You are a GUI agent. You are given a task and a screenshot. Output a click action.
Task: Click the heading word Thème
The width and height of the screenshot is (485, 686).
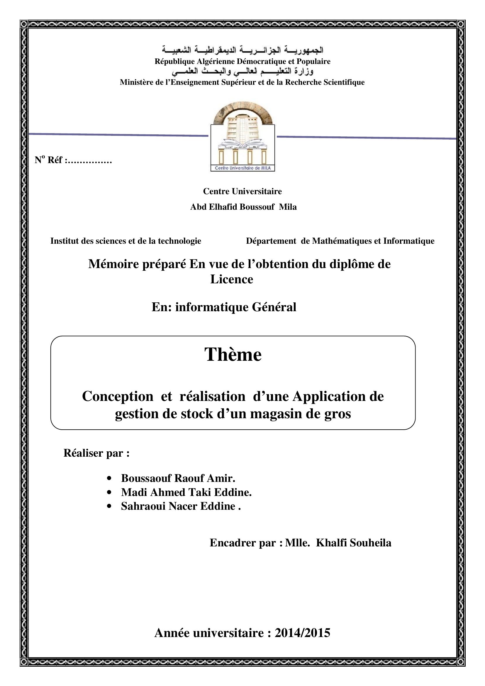click(233, 355)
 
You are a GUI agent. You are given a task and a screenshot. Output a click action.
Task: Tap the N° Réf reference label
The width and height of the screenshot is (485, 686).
click(73, 160)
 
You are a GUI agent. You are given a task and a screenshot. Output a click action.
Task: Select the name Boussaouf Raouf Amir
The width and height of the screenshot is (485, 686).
click(178, 478)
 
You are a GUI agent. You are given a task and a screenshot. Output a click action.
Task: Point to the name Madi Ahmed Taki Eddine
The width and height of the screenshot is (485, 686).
click(186, 492)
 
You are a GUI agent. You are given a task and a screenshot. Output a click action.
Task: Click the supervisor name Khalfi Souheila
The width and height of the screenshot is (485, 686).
click(354, 543)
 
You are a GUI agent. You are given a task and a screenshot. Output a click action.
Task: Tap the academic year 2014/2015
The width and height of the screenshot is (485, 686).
click(302, 633)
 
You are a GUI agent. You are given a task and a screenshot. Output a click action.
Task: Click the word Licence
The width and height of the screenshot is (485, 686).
click(232, 280)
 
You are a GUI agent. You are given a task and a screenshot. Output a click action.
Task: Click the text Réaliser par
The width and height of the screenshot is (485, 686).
click(96, 453)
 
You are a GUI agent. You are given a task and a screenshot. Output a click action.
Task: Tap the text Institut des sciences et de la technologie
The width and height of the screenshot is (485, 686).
click(126, 241)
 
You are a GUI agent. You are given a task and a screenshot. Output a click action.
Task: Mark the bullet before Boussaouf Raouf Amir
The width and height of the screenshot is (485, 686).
click(109, 479)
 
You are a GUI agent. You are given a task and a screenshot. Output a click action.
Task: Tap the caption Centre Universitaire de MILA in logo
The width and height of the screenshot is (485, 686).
click(242, 168)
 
